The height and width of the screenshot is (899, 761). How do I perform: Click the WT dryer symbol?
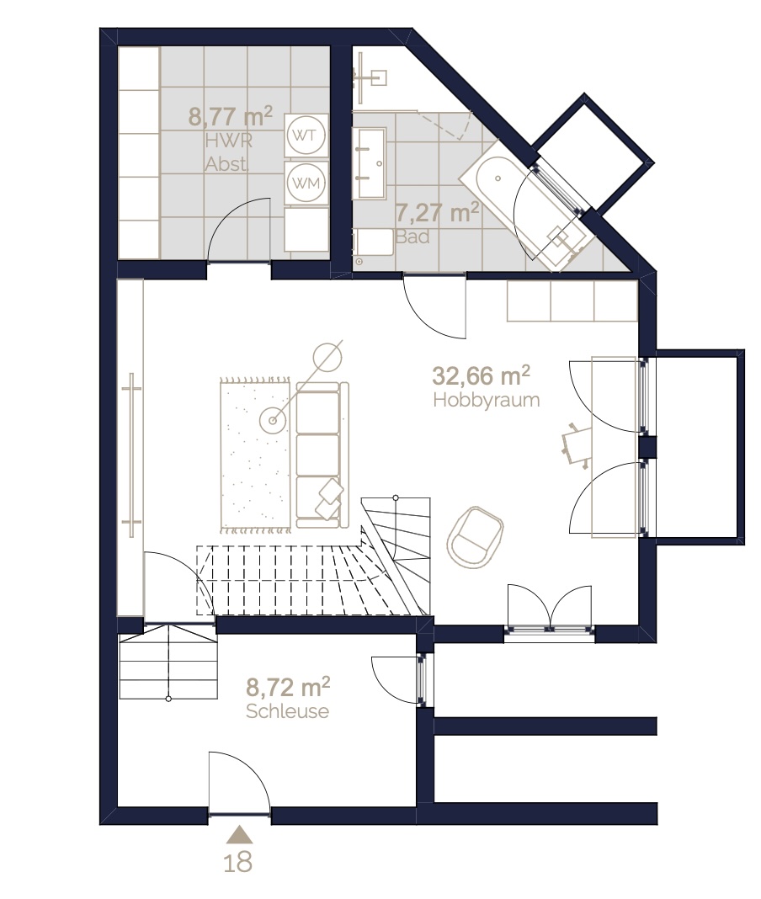pos(306,136)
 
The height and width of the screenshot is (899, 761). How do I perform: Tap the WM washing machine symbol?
pos(306,183)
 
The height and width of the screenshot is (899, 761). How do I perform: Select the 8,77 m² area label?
pos(230,116)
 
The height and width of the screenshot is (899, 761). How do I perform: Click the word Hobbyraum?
pos(487,400)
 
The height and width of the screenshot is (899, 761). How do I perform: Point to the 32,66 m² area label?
pos(481,375)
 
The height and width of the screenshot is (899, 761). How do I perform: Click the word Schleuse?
pos(287,711)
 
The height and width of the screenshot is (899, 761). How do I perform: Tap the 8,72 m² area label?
pos(288,686)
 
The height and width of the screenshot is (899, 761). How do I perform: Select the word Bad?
pos(412,237)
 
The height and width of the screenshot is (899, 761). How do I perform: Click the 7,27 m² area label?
pos(437,212)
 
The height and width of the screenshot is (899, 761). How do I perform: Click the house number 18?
pos(238,862)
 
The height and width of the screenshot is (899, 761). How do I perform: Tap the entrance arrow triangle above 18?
pos(239,835)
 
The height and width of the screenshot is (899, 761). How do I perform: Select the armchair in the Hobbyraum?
pos(475,537)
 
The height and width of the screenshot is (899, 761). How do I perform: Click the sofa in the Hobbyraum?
pos(322,455)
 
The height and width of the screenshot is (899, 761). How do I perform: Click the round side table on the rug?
pos(273,420)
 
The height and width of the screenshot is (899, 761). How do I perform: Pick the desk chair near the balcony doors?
pos(577,445)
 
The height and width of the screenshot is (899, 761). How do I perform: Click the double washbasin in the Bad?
pos(369,163)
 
